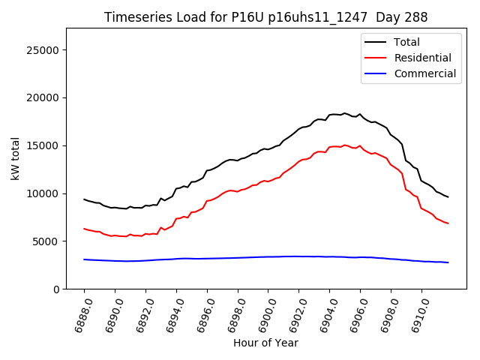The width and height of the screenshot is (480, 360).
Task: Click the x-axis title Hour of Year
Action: (265, 343)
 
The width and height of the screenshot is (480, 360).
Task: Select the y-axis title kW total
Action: (16, 158)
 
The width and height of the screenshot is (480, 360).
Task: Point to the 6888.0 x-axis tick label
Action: (79, 313)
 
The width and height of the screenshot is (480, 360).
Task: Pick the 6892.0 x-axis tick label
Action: (140, 313)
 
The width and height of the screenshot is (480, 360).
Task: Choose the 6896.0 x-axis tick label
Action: (202, 313)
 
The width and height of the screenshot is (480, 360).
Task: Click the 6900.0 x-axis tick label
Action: (263, 313)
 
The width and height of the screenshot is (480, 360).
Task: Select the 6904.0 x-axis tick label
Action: (325, 313)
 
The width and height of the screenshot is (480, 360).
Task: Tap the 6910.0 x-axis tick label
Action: (416, 313)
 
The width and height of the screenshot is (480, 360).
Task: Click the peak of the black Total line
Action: (344, 113)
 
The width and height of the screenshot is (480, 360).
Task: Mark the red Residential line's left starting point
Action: (84, 229)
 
